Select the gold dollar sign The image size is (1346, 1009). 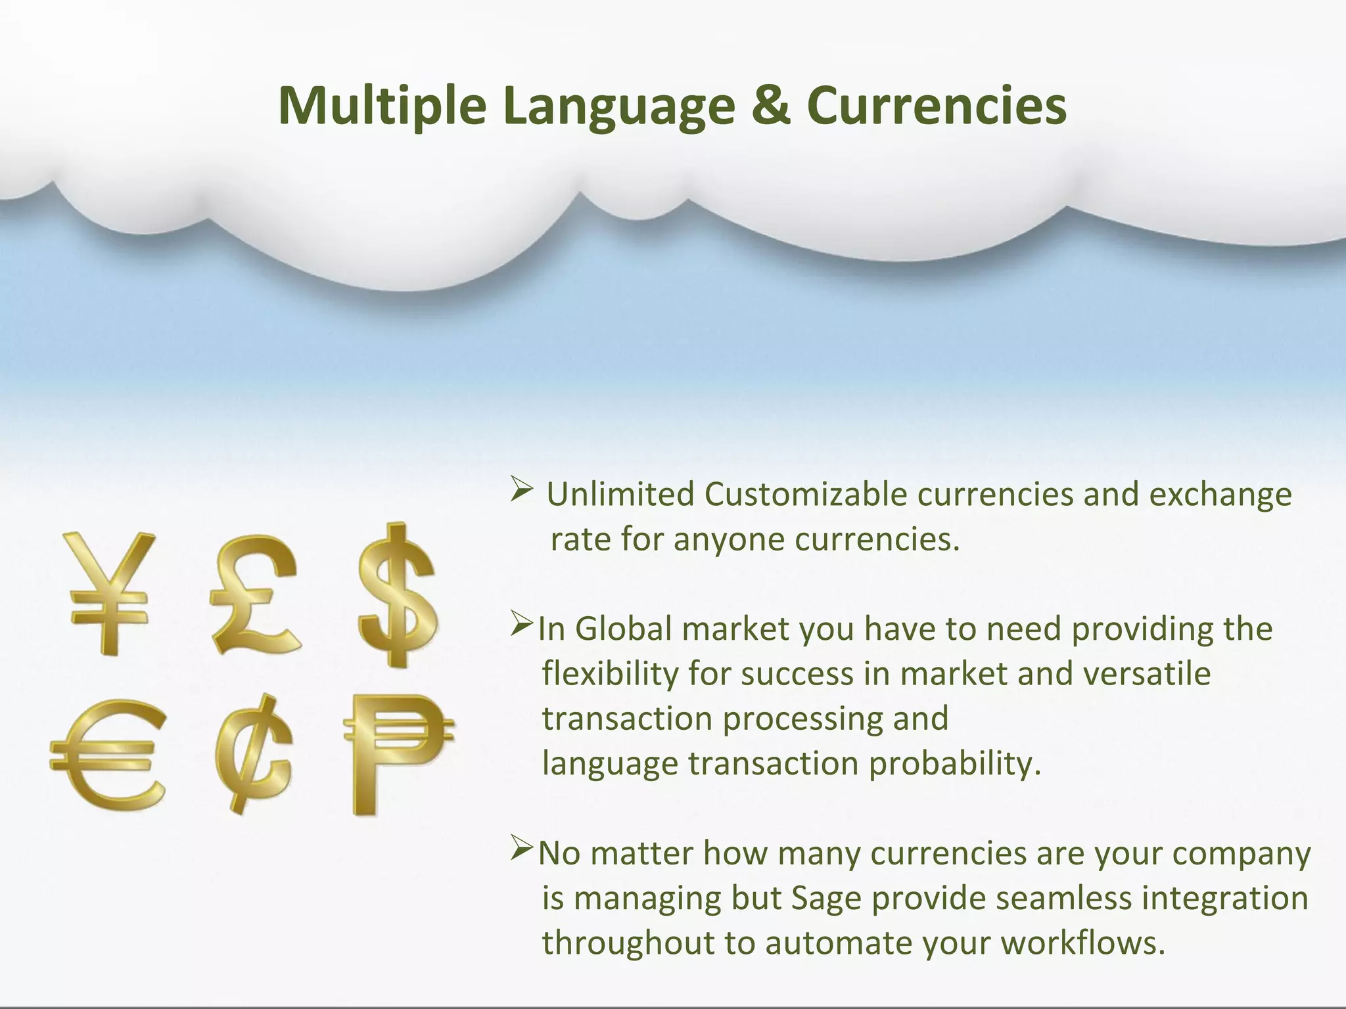397,594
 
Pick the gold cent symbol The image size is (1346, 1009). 253,753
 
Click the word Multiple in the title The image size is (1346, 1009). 382,106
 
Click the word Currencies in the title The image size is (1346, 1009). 937,106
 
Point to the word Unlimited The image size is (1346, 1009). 620,495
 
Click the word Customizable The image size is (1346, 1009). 806,495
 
